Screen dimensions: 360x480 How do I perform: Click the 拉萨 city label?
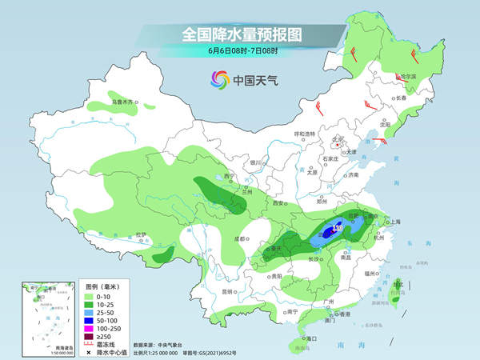click(x=142, y=234)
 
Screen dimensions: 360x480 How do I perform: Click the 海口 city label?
click(x=302, y=339)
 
